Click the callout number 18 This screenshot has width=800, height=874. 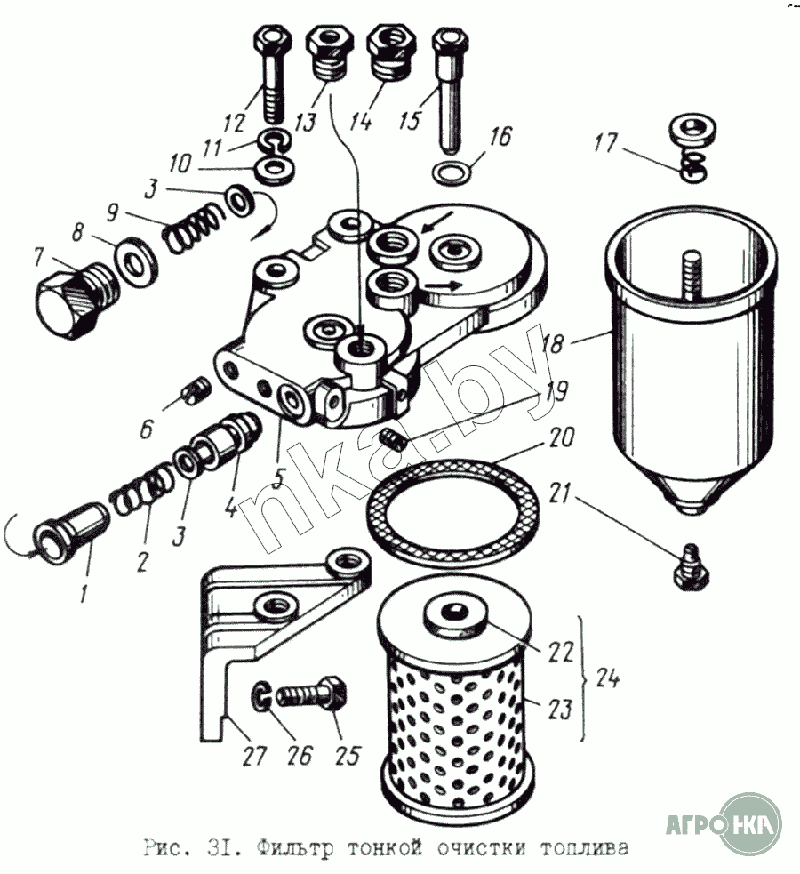[x=553, y=343]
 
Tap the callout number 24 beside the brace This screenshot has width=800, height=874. [x=607, y=678]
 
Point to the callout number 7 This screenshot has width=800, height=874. [x=38, y=258]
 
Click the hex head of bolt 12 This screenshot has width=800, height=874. [x=272, y=42]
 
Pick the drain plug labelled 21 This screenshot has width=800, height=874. [x=691, y=566]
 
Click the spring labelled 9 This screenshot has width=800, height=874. [x=192, y=228]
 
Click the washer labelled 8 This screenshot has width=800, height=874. [x=136, y=261]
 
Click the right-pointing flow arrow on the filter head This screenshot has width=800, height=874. [x=444, y=285]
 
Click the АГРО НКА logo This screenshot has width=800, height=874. [x=724, y=823]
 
